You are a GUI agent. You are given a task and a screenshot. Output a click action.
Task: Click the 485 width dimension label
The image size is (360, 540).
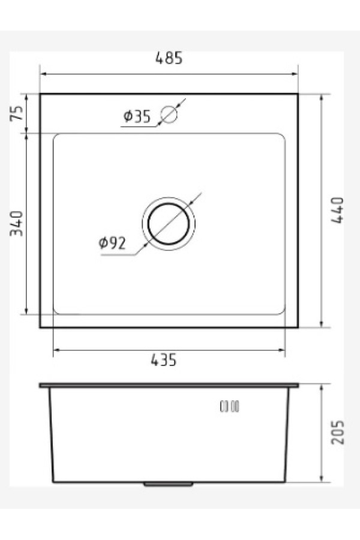pos(169,58)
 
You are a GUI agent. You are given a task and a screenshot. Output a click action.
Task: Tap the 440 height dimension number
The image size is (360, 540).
pos(337,210)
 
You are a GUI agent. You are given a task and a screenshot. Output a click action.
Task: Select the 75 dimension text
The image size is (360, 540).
pos(17,113)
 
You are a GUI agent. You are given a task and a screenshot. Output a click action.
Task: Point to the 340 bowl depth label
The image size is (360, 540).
pos(16,224)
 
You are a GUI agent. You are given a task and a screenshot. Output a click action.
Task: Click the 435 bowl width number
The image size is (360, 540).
pos(164,360)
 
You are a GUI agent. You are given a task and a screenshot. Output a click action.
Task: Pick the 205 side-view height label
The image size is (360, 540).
pos(337,432)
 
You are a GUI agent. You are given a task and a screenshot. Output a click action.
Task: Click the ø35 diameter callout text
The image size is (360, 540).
pos(137,116)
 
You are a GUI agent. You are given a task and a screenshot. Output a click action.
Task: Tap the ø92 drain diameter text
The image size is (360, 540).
pos(112,243)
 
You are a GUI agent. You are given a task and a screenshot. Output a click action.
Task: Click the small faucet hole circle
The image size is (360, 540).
pos(169,114)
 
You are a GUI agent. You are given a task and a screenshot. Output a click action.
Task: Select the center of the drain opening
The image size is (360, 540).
pos(169,224)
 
